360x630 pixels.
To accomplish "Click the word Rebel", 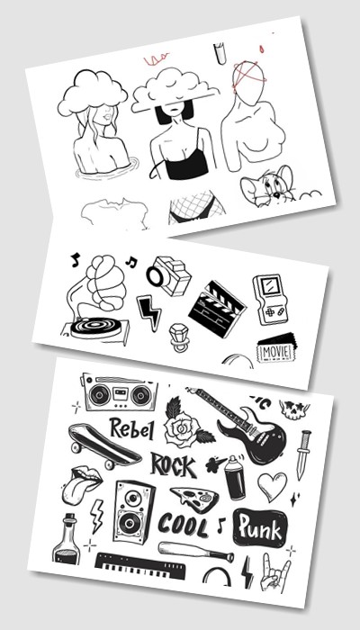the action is [x=131, y=429].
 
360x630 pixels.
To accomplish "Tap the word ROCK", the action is [x=174, y=465].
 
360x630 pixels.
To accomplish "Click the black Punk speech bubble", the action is [x=260, y=527].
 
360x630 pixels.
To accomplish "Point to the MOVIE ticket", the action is [x=276, y=347].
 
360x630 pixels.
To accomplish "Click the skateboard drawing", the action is [x=104, y=445].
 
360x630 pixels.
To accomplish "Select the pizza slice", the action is [x=194, y=499].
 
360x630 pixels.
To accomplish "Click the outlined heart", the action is [x=272, y=486].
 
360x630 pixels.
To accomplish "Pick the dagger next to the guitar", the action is [x=303, y=454].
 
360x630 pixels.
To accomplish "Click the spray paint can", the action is [x=234, y=478].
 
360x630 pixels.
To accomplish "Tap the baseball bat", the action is [x=195, y=551].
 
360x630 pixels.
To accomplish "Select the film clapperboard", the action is [x=217, y=309].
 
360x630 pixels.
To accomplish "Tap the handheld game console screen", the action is [x=266, y=286].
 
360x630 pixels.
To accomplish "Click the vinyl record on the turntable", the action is [x=96, y=327].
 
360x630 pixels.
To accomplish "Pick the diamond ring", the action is [x=178, y=337].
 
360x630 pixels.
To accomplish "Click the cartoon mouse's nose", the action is [x=276, y=195].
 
